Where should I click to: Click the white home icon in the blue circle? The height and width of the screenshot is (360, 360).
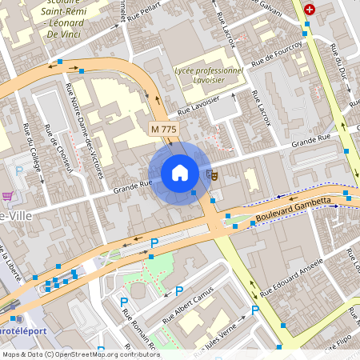click(x=180, y=173)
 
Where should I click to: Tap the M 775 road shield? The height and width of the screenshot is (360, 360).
click(x=165, y=129)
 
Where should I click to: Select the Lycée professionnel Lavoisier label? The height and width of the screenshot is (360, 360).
click(x=209, y=76)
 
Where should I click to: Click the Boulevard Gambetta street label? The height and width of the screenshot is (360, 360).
click(x=294, y=210)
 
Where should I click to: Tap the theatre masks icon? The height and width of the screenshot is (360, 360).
click(x=212, y=174)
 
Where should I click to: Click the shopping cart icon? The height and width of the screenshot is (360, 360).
click(x=7, y=197)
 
